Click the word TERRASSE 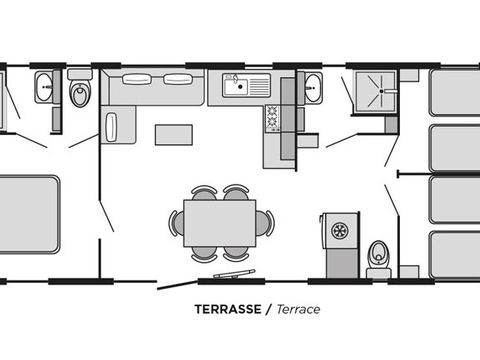tap(228, 309)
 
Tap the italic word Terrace tap(298, 309)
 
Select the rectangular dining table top tap(220, 223)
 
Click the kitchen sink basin tap(236, 87)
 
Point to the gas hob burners tap(273, 118)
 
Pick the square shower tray tap(376, 91)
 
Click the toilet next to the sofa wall tap(80, 88)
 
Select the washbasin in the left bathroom tap(44, 87)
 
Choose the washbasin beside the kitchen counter tap(313, 87)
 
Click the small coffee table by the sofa tap(174, 135)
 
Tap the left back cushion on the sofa tap(137, 79)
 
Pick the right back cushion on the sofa tap(178, 79)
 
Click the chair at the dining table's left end tap(176, 223)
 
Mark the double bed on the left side tap(29, 214)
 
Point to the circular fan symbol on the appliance tap(340, 230)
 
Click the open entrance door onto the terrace tap(176, 285)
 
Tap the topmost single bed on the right tap(454, 92)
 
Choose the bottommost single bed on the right tap(454, 255)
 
